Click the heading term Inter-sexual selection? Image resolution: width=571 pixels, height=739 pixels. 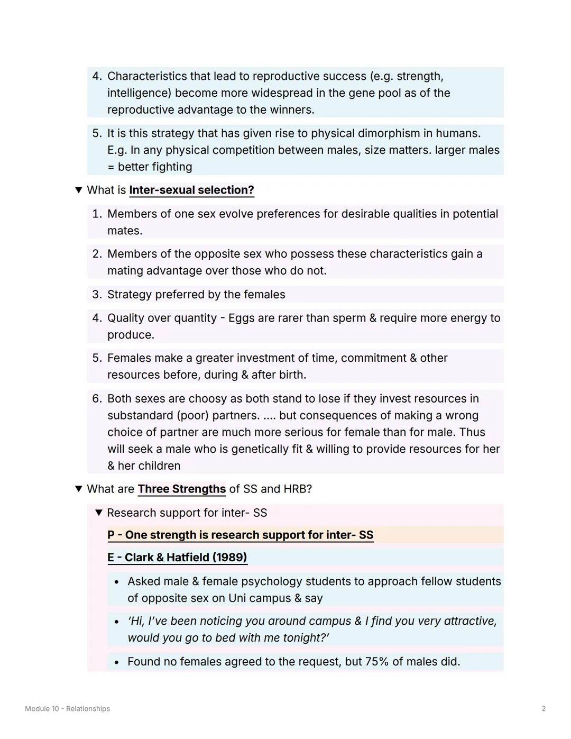(x=191, y=190)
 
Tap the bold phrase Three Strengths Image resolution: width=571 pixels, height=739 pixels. (x=181, y=489)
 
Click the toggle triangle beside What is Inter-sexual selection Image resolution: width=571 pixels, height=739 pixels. (x=79, y=190)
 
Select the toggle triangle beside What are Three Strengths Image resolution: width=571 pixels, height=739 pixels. (x=79, y=489)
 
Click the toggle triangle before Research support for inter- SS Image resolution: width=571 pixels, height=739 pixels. (x=98, y=513)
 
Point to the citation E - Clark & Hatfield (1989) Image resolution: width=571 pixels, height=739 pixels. (x=177, y=558)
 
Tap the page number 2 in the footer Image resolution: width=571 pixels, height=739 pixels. (x=544, y=709)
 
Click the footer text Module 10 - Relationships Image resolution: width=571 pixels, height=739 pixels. (x=67, y=709)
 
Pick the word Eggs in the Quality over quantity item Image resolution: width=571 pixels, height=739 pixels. (x=241, y=318)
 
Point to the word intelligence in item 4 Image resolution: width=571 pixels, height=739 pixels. (x=139, y=93)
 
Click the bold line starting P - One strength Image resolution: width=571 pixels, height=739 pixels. (x=240, y=535)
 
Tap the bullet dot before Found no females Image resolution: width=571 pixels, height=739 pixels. (x=116, y=662)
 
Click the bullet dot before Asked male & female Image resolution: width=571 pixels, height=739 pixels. (x=116, y=582)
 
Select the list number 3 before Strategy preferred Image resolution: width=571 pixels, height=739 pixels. (x=96, y=295)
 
